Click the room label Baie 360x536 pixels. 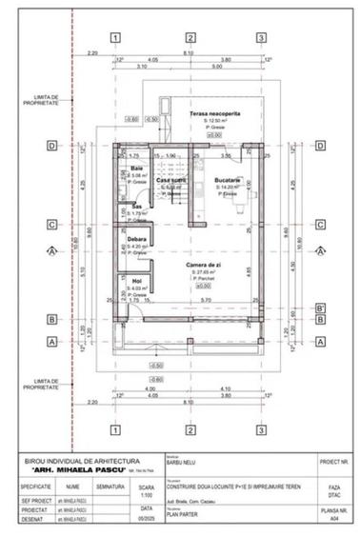[x=137, y=169]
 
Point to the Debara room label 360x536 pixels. [x=139, y=240]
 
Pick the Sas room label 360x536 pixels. [x=137, y=207]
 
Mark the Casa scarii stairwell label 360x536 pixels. [x=170, y=180]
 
